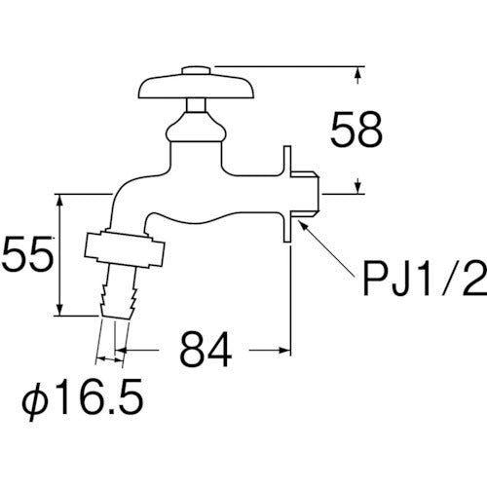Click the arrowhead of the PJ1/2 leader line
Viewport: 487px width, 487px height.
pyautogui.click(x=302, y=223)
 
